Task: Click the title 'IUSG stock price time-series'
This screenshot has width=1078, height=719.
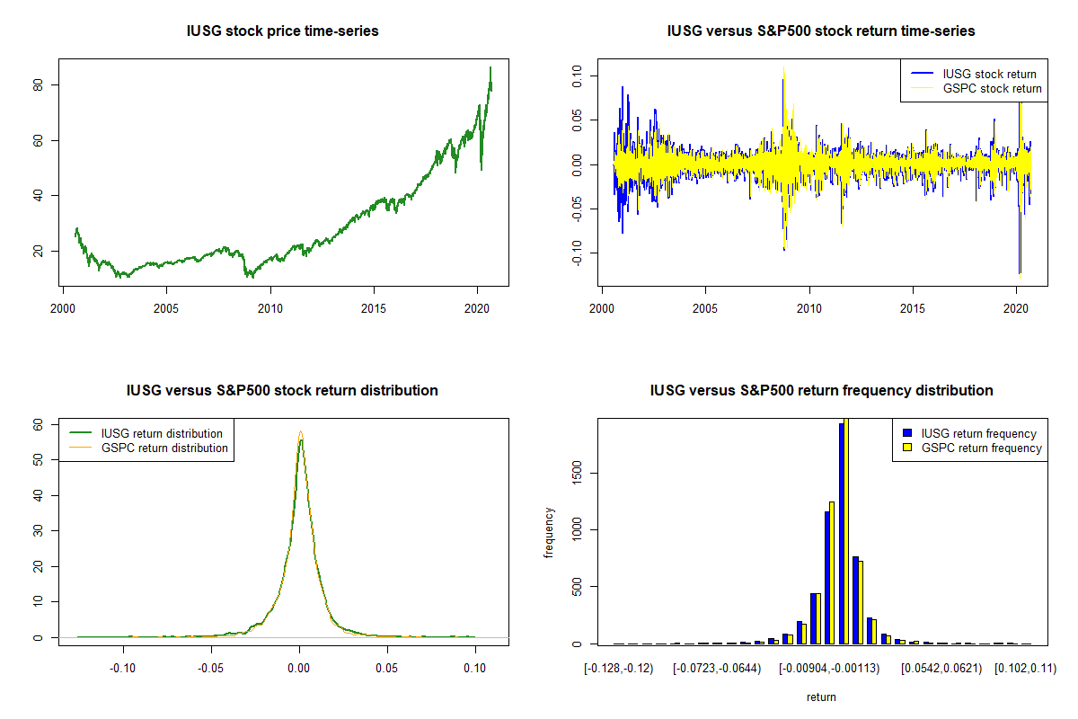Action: (x=282, y=31)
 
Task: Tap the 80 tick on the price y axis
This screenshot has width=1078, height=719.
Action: (x=51, y=85)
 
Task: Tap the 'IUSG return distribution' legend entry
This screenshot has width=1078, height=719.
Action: (x=162, y=433)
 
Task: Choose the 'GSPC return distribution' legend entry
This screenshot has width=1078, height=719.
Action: (x=164, y=448)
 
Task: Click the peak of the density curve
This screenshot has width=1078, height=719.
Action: (x=301, y=433)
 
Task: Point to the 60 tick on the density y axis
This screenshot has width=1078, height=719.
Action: (x=39, y=424)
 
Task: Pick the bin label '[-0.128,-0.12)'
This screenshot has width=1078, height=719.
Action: (x=617, y=668)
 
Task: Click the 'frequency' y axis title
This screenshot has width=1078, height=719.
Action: (x=549, y=533)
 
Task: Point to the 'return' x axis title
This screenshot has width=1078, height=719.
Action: (x=821, y=697)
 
